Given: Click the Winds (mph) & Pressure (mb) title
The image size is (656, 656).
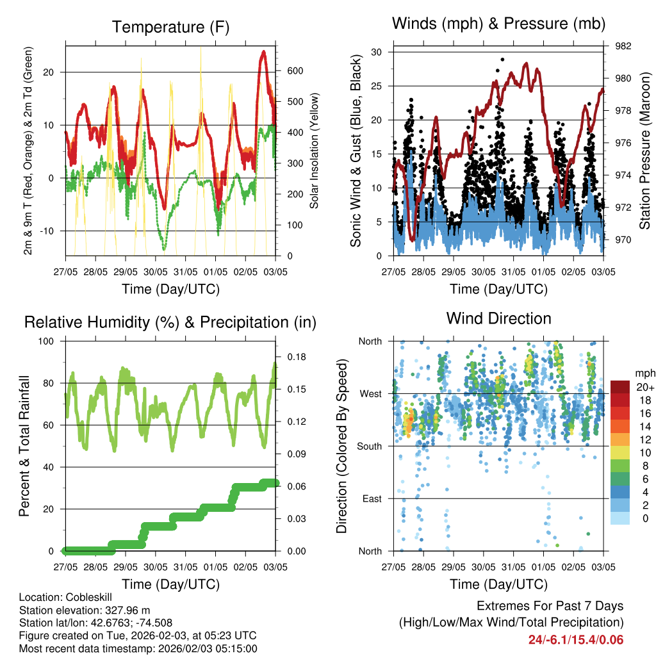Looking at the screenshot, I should pos(499,24).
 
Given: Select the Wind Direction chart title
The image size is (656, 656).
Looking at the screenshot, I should pos(498,318).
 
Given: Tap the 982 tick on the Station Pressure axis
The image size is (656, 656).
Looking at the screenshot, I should pos(623,46).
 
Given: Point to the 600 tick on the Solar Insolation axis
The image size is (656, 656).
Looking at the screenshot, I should pos(294,71).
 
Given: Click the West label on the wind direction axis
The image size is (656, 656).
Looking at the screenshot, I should pos(370,394).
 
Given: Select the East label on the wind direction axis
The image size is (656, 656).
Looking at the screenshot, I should pos(371,499).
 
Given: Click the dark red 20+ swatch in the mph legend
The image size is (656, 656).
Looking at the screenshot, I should pos(619,387).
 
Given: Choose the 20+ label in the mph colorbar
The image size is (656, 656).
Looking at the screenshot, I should pos(644,387).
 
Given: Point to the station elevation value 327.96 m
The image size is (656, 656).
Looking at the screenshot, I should pos(131,610).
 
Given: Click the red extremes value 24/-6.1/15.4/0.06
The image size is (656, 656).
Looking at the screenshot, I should pos(575,639).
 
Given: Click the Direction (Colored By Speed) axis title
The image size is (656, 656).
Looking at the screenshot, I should pos(342,446).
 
